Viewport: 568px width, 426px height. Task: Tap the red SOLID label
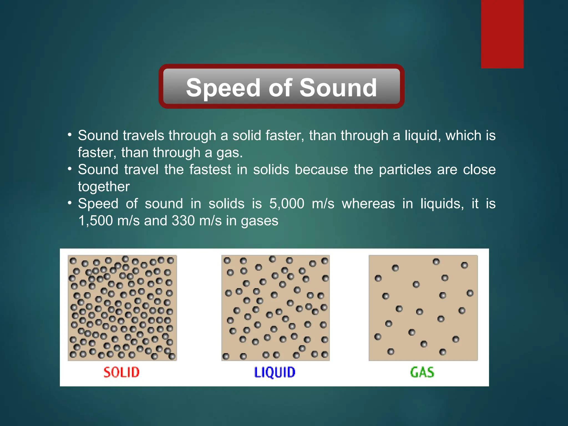(121, 372)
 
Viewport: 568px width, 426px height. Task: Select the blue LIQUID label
(275, 372)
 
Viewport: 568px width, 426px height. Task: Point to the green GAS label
(422, 372)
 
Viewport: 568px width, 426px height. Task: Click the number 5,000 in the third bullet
(287, 204)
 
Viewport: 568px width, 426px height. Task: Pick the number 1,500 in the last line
(95, 221)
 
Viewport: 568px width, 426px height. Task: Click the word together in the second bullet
(104, 187)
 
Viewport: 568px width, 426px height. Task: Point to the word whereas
(368, 204)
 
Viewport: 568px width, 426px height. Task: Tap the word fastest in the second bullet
(210, 169)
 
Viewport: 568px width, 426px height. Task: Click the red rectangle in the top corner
(502, 34)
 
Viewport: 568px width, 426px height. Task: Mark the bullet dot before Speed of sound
(70, 203)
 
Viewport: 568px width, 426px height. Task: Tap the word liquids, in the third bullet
(442, 204)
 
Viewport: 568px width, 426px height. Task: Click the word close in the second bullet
(479, 169)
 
